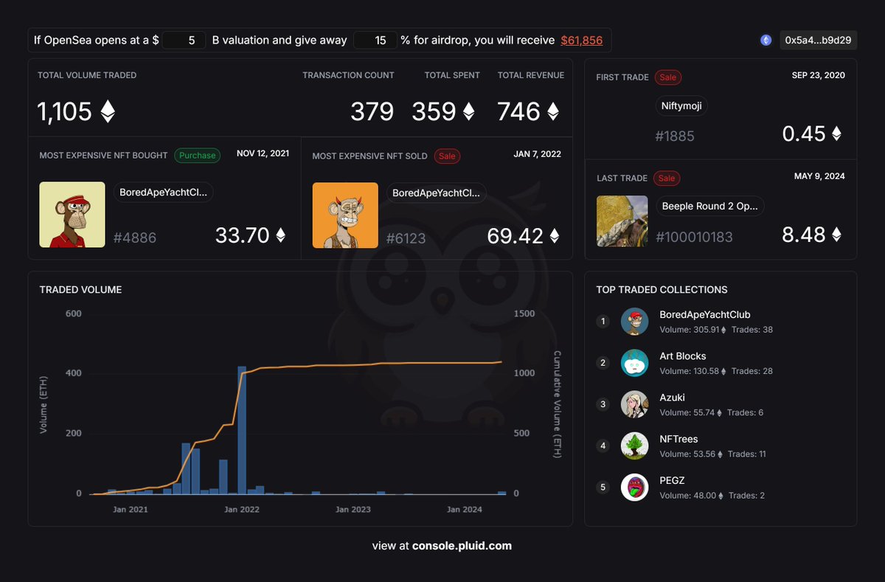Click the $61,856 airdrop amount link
[x=581, y=41]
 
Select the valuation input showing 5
[x=184, y=41]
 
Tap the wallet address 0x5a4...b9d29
[x=818, y=41]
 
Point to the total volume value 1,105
[x=65, y=112]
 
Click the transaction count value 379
[x=372, y=112]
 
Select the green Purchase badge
[x=197, y=155]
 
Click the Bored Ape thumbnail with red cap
[x=72, y=215]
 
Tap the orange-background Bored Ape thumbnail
[x=345, y=215]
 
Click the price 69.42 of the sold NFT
[x=515, y=236]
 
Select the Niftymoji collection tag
[x=681, y=106]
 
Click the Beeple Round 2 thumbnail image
[x=622, y=221]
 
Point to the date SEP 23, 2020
[x=818, y=75]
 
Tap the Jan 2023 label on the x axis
[x=353, y=510]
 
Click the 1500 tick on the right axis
[x=524, y=313]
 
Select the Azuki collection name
[x=672, y=398]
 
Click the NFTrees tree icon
[x=634, y=446]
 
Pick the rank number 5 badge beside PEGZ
[x=603, y=488]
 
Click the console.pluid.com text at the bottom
[x=462, y=546]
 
